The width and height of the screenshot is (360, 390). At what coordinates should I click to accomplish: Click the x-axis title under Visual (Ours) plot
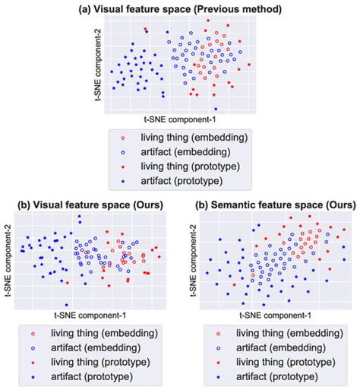tap(92, 315)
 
